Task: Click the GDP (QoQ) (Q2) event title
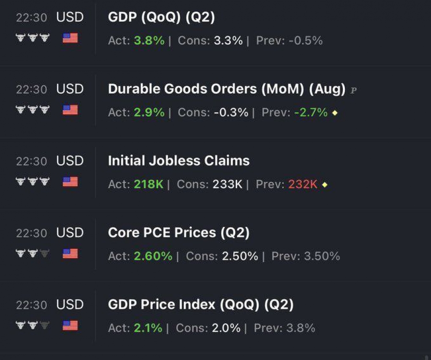pyautogui.click(x=161, y=17)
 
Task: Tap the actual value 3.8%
pyautogui.click(x=149, y=41)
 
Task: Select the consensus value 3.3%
pyautogui.click(x=228, y=41)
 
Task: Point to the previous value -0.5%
pyautogui.click(x=306, y=41)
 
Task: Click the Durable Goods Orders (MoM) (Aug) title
pyautogui.click(x=227, y=89)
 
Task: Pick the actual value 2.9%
pyautogui.click(x=149, y=112)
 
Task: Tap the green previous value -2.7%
pyautogui.click(x=311, y=112)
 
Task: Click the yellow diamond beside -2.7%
pyautogui.click(x=335, y=113)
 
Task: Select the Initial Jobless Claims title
pyautogui.click(x=179, y=161)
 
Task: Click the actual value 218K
pyautogui.click(x=148, y=184)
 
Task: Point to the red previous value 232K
pyautogui.click(x=303, y=184)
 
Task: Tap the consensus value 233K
pyautogui.click(x=227, y=184)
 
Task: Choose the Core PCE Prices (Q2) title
pyautogui.click(x=179, y=233)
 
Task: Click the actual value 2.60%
pyautogui.click(x=153, y=256)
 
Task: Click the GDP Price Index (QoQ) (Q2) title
pyautogui.click(x=201, y=304)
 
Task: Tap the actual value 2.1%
pyautogui.click(x=148, y=328)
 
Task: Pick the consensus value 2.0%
pyautogui.click(x=226, y=328)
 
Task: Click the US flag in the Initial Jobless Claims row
pyautogui.click(x=70, y=182)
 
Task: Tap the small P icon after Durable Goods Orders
pyautogui.click(x=353, y=90)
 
